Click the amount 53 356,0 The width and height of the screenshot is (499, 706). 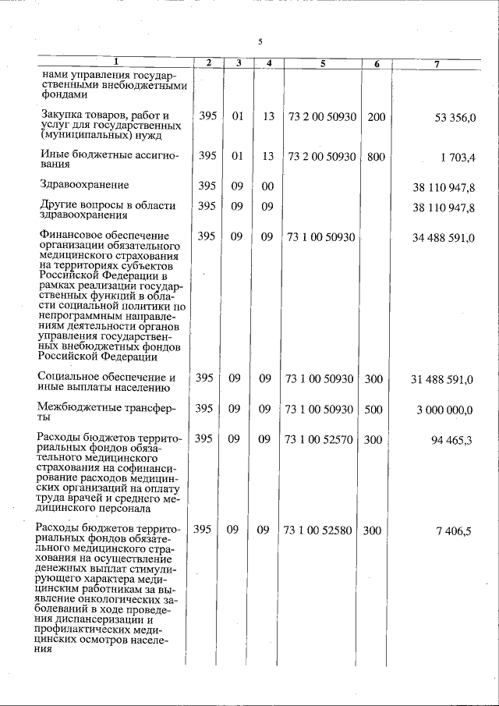pyautogui.click(x=453, y=117)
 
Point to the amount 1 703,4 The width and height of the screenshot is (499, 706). pyautogui.click(x=457, y=157)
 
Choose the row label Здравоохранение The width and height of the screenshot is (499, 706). pyautogui.click(x=84, y=185)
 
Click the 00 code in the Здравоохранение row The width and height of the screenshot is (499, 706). pyautogui.click(x=267, y=186)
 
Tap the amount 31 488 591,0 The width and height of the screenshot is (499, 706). pyautogui.click(x=442, y=379)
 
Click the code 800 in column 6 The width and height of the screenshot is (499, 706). pyautogui.click(x=376, y=156)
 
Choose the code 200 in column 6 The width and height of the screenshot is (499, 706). pyautogui.click(x=376, y=116)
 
